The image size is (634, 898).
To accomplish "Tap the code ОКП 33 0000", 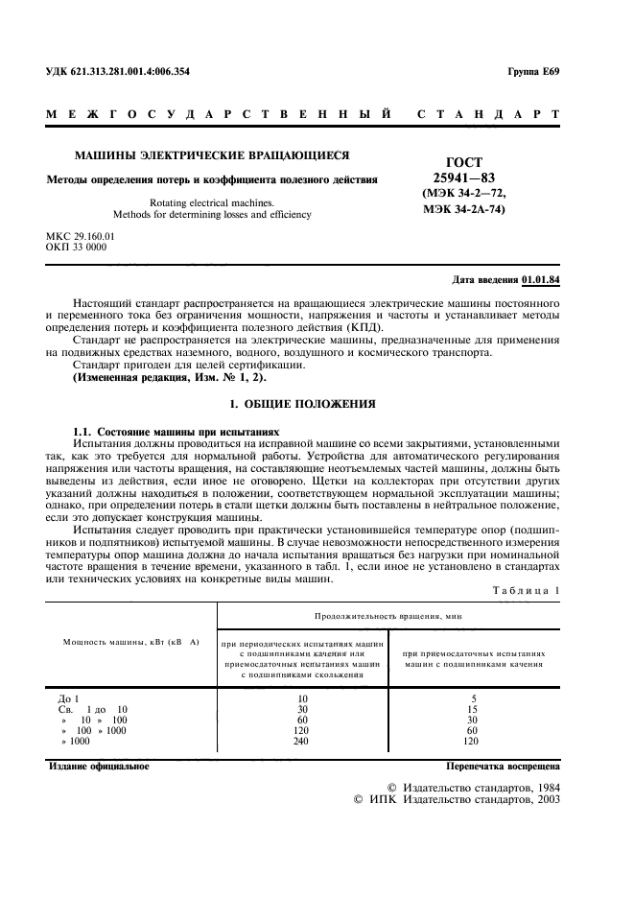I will pyautogui.click(x=77, y=247).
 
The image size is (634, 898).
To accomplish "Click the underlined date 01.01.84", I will pyautogui.click(x=541, y=280).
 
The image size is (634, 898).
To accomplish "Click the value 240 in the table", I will pyautogui.click(x=303, y=741).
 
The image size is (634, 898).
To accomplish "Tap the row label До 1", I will pyautogui.click(x=69, y=698).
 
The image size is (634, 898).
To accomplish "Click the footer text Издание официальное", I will pyautogui.click(x=99, y=767).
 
